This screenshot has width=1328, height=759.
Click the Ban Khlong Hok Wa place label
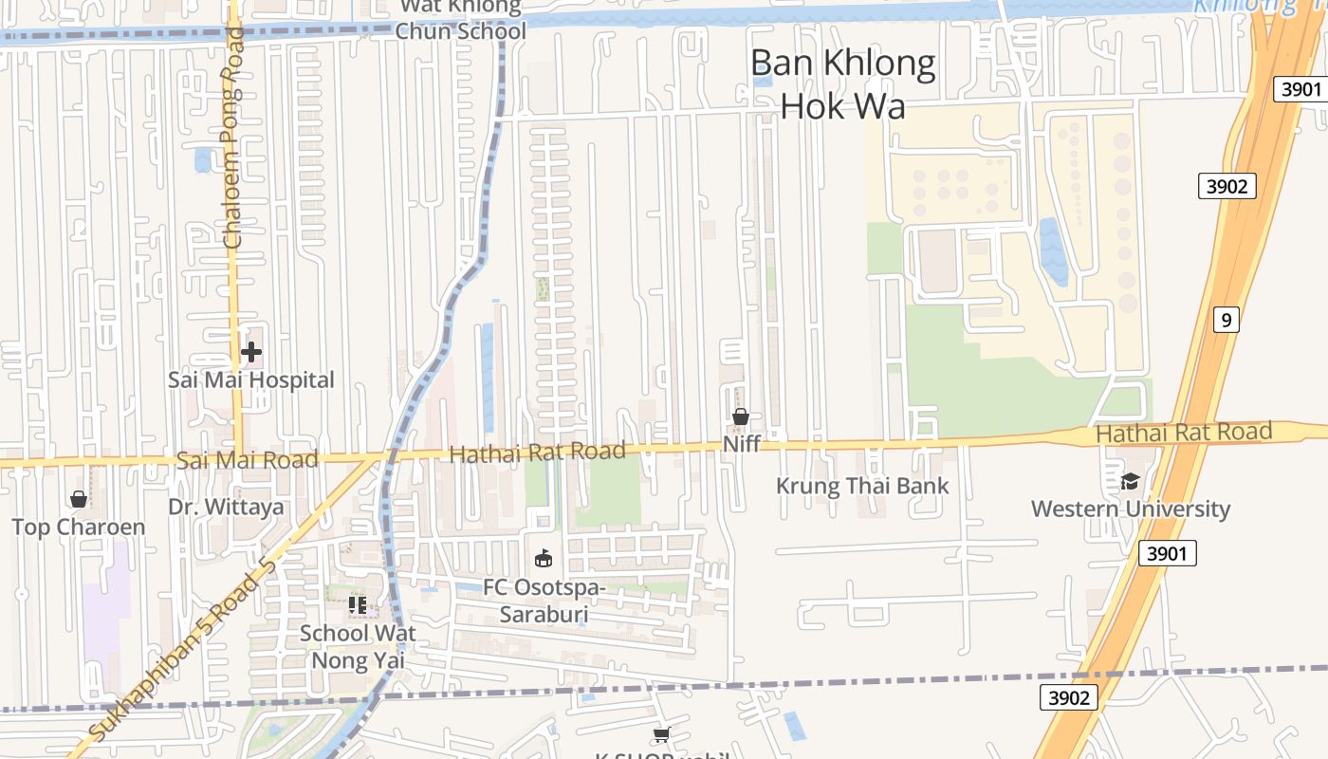[x=842, y=83]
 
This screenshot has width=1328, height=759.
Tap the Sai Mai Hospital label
[x=251, y=379]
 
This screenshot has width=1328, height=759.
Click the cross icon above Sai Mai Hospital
[x=251, y=353]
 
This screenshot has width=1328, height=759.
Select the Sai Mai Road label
[x=247, y=460]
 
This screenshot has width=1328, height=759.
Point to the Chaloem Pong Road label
[x=232, y=138]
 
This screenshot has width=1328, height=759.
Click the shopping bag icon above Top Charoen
[x=79, y=499]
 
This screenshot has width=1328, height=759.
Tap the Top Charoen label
[x=79, y=528]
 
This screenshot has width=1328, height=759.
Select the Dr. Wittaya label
[x=226, y=507]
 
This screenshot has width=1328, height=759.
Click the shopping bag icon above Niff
[x=741, y=417]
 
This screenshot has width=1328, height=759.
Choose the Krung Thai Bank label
[x=862, y=486]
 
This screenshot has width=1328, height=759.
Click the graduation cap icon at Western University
[x=1130, y=482]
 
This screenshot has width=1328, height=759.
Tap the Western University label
[x=1130, y=509]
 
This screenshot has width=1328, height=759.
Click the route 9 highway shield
[x=1226, y=320]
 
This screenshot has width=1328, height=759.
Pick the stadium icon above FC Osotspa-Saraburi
[x=544, y=558]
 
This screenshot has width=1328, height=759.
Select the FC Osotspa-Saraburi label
[x=544, y=601]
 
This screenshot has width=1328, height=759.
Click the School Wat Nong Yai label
[x=358, y=645]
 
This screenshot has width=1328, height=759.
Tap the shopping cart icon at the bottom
[x=661, y=734]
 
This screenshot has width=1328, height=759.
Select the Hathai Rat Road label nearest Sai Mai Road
[x=537, y=453]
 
